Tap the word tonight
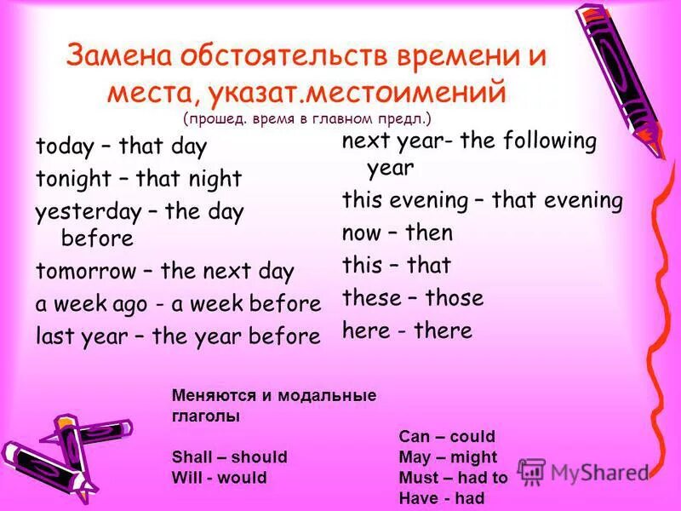coord(73,179)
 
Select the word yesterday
coord(84,211)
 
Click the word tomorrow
coord(85,272)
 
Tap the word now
coord(363,233)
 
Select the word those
coord(454,298)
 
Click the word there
coord(442,330)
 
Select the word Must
coord(418,478)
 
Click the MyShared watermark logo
coord(583,472)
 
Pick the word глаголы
coord(205,416)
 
